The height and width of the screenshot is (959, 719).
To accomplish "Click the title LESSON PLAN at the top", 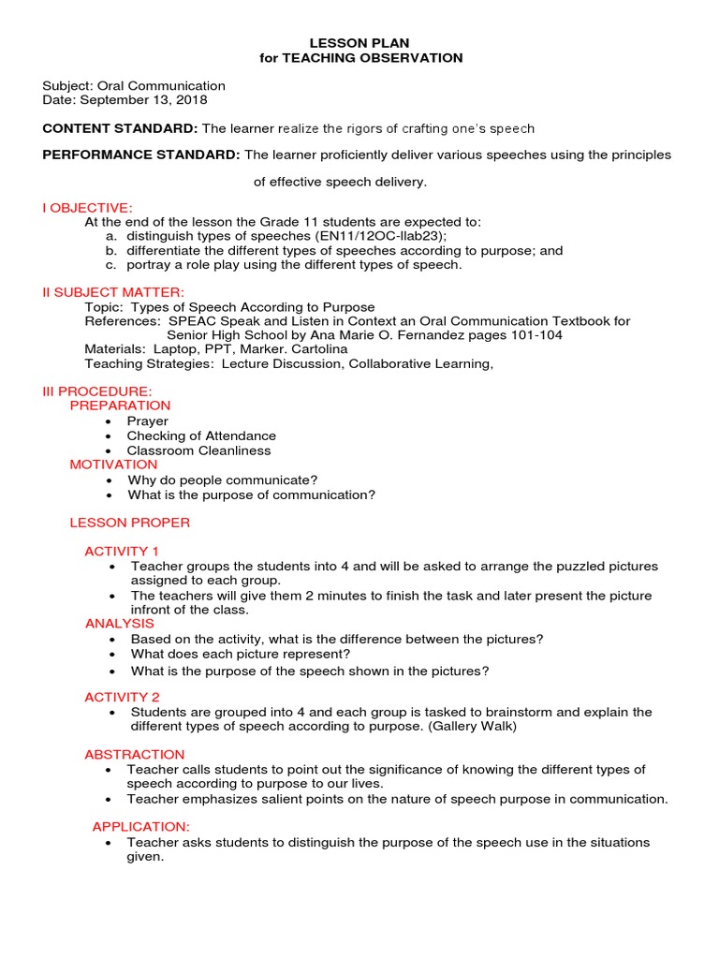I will point(360,43).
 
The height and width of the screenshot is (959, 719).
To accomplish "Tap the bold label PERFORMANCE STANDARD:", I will point(141,155).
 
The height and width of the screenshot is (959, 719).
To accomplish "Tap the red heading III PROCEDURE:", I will point(96,391).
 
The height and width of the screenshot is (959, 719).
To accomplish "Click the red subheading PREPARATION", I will point(120,406).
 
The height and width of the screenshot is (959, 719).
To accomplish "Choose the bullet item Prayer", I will point(148,421).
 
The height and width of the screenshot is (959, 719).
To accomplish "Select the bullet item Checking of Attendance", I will point(201,435).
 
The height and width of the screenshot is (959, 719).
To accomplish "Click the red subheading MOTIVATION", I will point(113,465).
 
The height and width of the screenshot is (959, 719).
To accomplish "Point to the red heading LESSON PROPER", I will point(130,523).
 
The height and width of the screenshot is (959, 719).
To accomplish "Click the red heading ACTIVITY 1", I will point(122,551).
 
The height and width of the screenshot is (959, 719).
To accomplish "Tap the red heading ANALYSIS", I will point(120,624).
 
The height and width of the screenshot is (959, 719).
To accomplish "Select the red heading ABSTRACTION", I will point(135,755).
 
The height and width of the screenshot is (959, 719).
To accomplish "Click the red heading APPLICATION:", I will point(140,827).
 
